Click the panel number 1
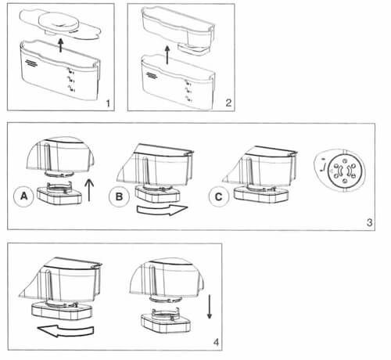[x=108, y=103]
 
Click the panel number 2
[x=228, y=103]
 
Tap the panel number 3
[x=369, y=222]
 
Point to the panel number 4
[x=216, y=342]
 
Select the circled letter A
[x=23, y=196]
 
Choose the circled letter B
[x=119, y=196]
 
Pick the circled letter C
[x=218, y=196]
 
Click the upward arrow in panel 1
[x=60, y=45]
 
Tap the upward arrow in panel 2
[x=167, y=55]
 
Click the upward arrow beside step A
[x=89, y=190]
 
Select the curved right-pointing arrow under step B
[x=162, y=210]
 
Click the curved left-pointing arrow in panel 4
[x=66, y=331]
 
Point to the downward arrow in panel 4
[x=210, y=307]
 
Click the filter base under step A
[x=59, y=194]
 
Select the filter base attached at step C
[x=261, y=194]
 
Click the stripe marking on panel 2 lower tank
[x=152, y=75]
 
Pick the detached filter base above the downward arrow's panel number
[x=166, y=320]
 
